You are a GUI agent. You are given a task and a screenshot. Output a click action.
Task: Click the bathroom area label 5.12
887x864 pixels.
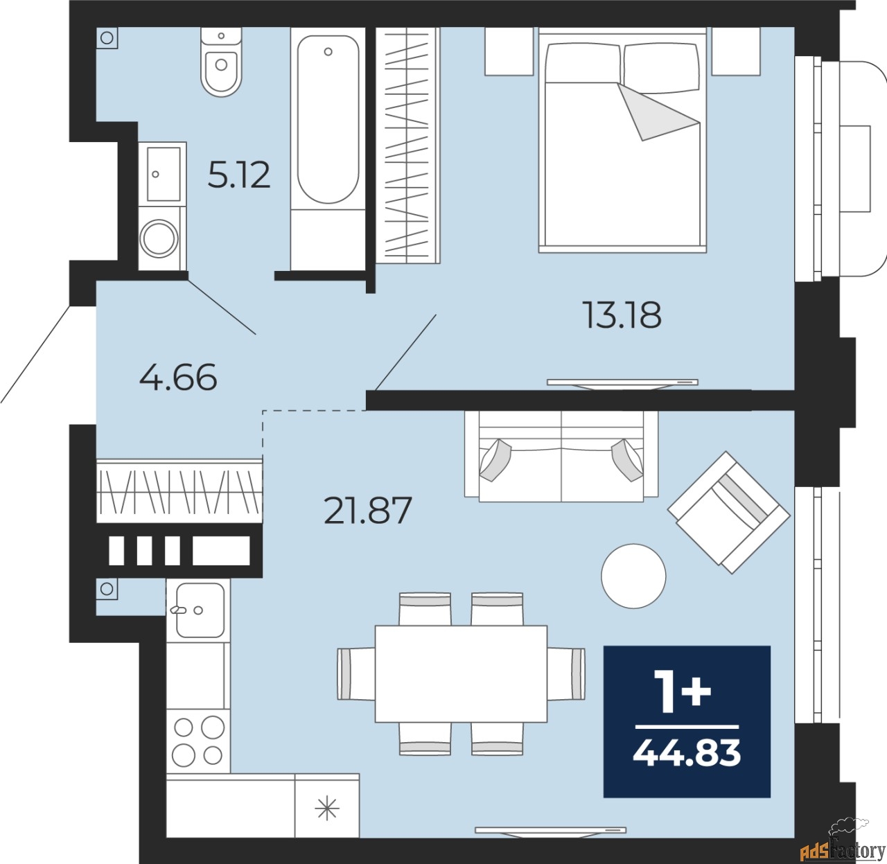coord(239,175)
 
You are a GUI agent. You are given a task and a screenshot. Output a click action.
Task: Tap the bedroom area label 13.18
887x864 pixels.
coord(622,315)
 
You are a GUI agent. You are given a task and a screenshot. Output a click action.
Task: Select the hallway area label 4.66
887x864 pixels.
coord(178,378)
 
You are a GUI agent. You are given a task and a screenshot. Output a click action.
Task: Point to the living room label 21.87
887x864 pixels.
coord(368,511)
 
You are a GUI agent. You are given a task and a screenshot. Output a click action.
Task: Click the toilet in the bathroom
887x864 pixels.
coord(221,62)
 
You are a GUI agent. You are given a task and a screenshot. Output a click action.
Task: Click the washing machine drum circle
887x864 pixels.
coord(159,238)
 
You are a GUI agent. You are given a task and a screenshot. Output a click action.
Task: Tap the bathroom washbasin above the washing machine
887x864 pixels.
coord(163,174)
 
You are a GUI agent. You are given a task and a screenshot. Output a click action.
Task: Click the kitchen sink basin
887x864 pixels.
coord(200,610)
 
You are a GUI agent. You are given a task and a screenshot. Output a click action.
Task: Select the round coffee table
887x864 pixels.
coord(633,576)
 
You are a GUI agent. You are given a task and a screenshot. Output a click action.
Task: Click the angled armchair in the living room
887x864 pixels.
coord(728,512)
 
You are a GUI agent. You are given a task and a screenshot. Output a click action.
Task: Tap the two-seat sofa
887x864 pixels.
coord(561,456)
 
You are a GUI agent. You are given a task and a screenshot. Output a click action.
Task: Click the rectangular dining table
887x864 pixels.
coord(461,673)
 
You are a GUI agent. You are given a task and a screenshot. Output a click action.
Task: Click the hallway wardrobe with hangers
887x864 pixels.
coord(179,491)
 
